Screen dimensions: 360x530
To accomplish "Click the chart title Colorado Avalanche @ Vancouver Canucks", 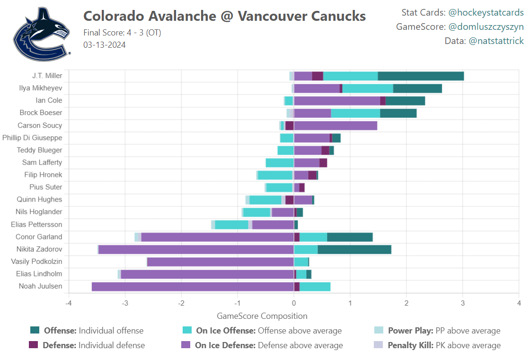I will click(x=224, y=16).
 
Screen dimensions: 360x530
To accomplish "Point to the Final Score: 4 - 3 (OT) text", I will click(x=122, y=33).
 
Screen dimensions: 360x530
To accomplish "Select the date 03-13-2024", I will click(x=104, y=45).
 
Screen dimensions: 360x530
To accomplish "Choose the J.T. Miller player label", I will click(x=47, y=76).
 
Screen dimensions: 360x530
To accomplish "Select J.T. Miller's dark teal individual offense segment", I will click(x=421, y=76).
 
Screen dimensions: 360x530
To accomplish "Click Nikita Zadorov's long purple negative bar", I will click(x=196, y=249).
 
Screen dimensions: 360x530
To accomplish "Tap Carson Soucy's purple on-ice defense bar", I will click(x=336, y=125).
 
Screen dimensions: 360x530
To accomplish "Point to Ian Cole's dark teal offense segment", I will click(x=405, y=101).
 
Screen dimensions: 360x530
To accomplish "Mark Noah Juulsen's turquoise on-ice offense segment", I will click(x=315, y=286).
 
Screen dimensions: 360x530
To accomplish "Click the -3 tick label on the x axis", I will click(x=124, y=303).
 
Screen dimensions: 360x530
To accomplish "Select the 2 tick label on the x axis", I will click(x=406, y=303).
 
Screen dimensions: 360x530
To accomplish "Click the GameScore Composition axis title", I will click(x=262, y=316).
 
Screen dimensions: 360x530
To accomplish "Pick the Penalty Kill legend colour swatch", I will click(x=378, y=345).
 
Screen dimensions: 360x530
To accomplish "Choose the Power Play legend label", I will click(x=444, y=331).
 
